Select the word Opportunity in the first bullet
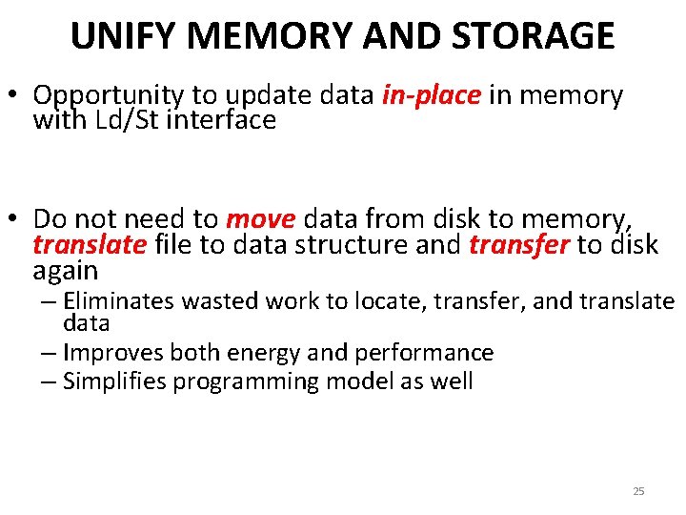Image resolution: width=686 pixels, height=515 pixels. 108,96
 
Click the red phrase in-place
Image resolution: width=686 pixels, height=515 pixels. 431,95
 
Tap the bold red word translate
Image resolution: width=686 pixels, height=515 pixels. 90,245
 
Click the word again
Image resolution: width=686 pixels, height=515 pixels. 66,270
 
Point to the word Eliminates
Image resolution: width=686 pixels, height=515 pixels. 119,302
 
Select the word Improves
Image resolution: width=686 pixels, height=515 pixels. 111,353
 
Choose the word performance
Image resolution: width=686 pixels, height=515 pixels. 424,353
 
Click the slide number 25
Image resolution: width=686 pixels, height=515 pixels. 638,491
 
